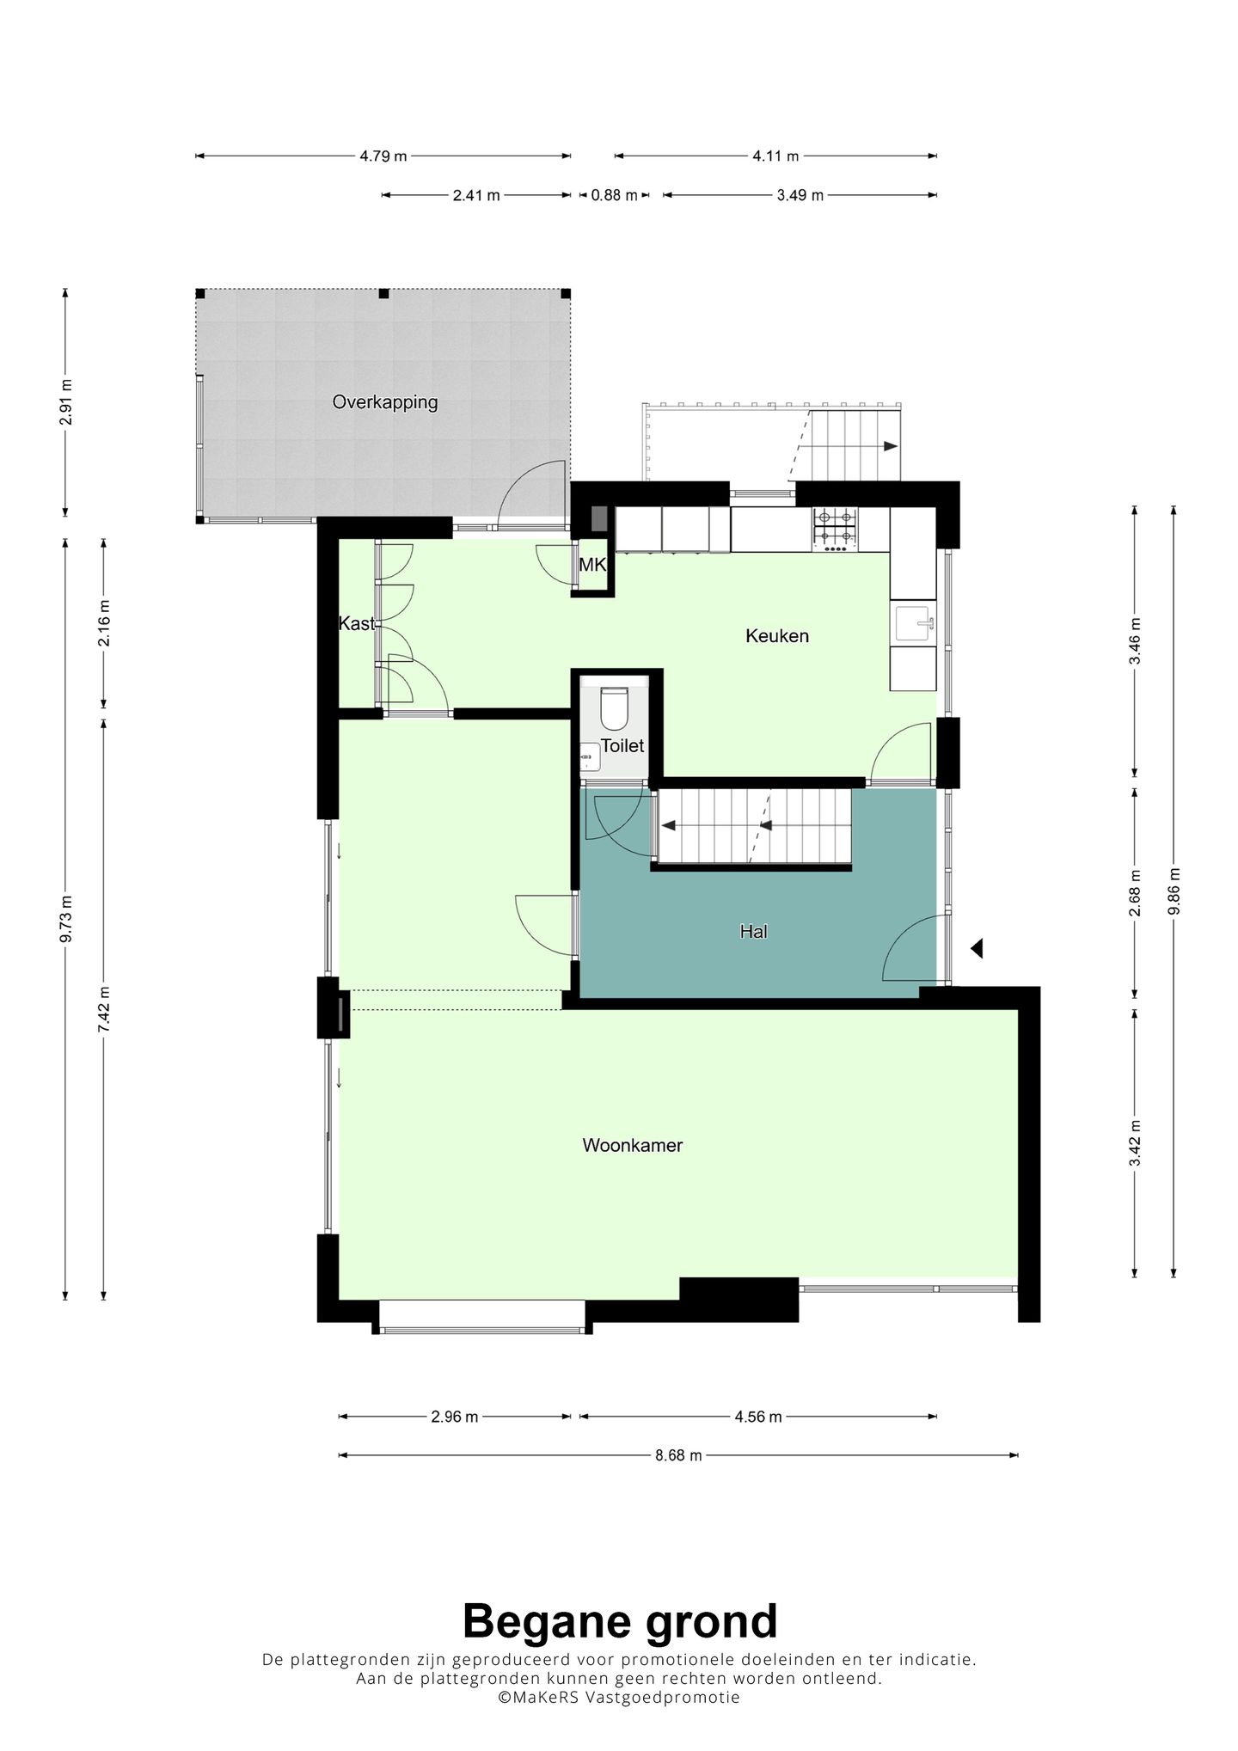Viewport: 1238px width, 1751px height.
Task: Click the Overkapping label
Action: tap(385, 402)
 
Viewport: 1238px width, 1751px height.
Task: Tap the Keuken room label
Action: tap(777, 636)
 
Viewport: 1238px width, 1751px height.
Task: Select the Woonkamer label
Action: tap(633, 1145)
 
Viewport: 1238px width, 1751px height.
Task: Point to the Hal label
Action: tap(753, 931)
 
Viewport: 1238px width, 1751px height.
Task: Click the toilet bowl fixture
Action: tap(613, 707)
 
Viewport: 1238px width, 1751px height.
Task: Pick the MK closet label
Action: tap(592, 566)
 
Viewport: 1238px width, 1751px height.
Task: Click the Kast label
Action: tap(356, 623)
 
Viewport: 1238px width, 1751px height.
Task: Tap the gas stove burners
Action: tap(836, 530)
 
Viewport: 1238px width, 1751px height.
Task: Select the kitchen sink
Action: tap(914, 624)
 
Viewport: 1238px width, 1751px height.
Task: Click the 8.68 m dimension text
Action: tap(678, 1455)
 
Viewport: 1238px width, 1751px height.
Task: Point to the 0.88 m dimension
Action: tap(614, 195)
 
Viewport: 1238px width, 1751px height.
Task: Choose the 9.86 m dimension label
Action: tap(1174, 893)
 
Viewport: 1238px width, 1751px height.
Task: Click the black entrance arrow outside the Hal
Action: tap(977, 949)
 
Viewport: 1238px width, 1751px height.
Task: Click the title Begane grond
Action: tap(620, 1621)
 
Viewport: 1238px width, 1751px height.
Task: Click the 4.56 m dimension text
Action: tap(758, 1417)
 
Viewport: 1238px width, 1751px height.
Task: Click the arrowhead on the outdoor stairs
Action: tap(891, 446)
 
